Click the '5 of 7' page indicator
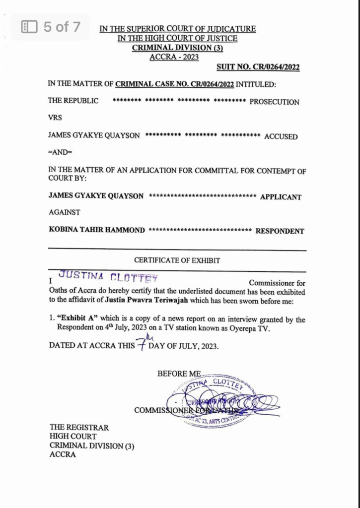[x=51, y=27]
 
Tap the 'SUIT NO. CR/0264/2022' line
[x=258, y=67]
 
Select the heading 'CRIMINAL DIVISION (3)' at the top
[x=177, y=48]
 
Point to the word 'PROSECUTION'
[x=274, y=102]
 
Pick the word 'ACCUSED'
[x=281, y=136]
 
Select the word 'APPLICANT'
[x=281, y=197]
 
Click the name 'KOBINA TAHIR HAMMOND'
[x=97, y=230]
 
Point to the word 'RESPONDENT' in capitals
[x=280, y=231]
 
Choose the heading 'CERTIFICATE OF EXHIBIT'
[x=177, y=260]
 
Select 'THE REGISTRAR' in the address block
[x=79, y=427]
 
